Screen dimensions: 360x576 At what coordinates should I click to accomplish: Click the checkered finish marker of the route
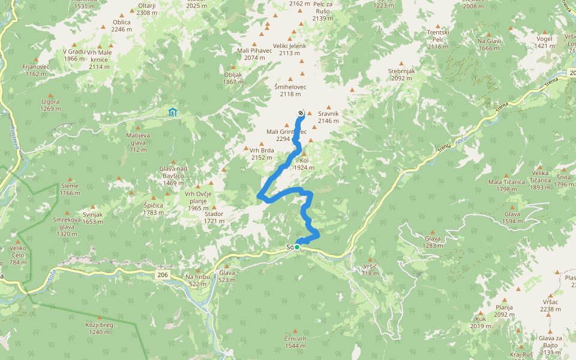pos(301,112)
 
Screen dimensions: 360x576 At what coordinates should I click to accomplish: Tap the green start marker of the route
pos(297,247)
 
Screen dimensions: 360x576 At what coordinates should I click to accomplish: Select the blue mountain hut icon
pos(173,112)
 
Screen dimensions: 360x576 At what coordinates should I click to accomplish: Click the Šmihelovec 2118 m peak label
pos(290,90)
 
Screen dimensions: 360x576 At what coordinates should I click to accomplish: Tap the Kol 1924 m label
pos(304,164)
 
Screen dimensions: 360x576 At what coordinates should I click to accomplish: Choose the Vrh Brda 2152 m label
pos(262,154)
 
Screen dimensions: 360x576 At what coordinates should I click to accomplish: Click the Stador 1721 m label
pos(214,217)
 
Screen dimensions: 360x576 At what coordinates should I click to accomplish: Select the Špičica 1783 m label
pos(154,209)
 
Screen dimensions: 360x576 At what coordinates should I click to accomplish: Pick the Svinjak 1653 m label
pos(93,218)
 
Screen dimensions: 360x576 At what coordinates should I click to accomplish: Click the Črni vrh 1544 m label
pos(296,342)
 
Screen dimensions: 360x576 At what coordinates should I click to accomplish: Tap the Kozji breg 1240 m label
pos(99,328)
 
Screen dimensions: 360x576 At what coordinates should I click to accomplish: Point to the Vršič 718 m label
pos(371,269)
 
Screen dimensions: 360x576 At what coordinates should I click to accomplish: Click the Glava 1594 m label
pos(512,217)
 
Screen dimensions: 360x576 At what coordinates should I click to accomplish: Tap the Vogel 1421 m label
pos(544,42)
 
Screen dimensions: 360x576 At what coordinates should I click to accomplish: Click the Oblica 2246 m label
pos(121,25)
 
